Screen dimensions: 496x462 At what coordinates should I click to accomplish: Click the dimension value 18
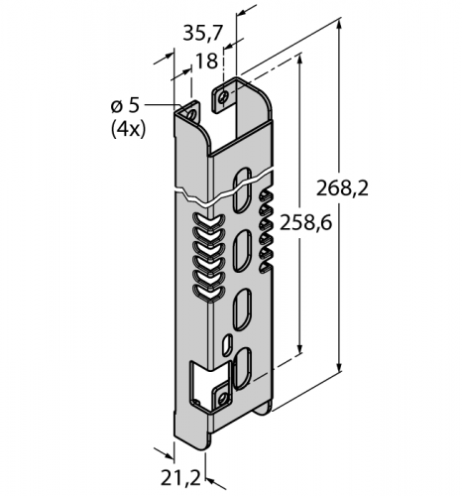point(205,61)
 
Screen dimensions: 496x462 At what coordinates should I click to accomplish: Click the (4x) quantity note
point(128,128)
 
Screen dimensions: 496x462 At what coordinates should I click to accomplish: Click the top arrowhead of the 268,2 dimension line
point(342,28)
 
